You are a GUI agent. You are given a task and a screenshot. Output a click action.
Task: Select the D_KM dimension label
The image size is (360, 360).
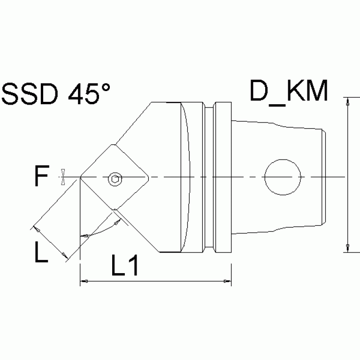pyautogui.click(x=288, y=92)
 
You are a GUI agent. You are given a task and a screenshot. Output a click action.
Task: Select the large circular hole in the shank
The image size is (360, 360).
pyautogui.click(x=282, y=177)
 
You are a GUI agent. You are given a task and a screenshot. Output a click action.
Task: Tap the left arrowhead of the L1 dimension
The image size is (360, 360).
pyautogui.click(x=84, y=282)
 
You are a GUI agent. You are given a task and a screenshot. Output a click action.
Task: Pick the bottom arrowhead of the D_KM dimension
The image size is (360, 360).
pyautogui.click(x=347, y=248)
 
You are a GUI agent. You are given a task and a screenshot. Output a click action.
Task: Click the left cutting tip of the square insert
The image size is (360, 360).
pyautogui.click(x=81, y=177)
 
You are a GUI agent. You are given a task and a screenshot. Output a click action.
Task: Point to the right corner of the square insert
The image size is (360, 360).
pyautogui.click(x=149, y=177)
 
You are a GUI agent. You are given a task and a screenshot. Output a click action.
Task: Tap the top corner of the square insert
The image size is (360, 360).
pyautogui.click(x=115, y=145)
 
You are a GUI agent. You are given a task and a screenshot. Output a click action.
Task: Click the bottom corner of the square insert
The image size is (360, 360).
pyautogui.click(x=115, y=210)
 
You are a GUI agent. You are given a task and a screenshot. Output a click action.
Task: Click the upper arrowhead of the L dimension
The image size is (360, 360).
pyautogui.click(x=36, y=230)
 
